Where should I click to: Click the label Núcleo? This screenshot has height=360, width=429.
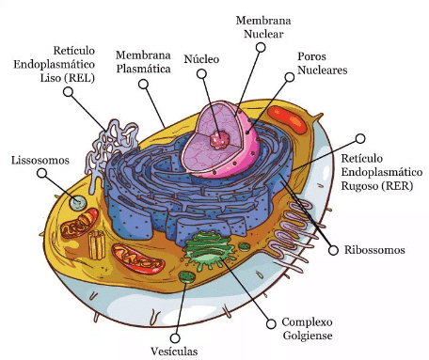pos(201,59)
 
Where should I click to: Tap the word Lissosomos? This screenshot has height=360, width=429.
pos(40,160)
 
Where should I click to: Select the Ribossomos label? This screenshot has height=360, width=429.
pos(374,250)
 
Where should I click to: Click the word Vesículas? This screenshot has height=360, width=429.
pos(174,351)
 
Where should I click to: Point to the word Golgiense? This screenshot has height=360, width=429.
pos(308,336)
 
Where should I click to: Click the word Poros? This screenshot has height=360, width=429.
pos(311,56)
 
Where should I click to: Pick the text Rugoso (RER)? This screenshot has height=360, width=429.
pos(376,186)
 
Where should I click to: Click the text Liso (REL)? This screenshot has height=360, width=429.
pos(68,78)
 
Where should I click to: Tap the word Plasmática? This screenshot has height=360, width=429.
pos(143,69)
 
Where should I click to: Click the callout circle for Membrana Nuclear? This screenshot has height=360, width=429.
pos(261,47)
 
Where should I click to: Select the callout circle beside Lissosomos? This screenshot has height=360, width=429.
pos(41,173)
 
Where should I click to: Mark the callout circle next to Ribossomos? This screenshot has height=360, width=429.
pos(333,250)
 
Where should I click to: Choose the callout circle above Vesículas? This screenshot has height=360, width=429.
pos(175,338)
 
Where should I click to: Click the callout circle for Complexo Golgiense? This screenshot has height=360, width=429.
pos(271,323)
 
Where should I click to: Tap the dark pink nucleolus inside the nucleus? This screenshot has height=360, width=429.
pos(219,140)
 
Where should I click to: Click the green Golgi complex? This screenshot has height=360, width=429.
pos(209,250)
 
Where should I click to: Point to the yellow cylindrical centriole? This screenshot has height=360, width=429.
pos(97,244)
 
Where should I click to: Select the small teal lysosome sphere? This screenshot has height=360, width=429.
pos(78,203)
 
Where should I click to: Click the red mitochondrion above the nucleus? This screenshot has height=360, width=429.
pos(287,119)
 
